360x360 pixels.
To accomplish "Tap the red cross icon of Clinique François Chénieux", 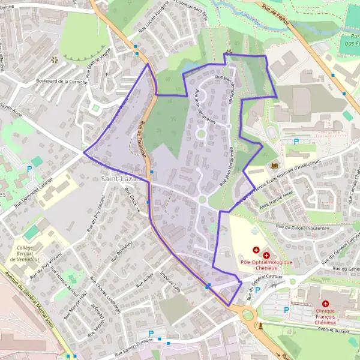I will (325, 305).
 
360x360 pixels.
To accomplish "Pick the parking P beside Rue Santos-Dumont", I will (151, 333).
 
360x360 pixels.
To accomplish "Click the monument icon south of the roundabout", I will (260, 325).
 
